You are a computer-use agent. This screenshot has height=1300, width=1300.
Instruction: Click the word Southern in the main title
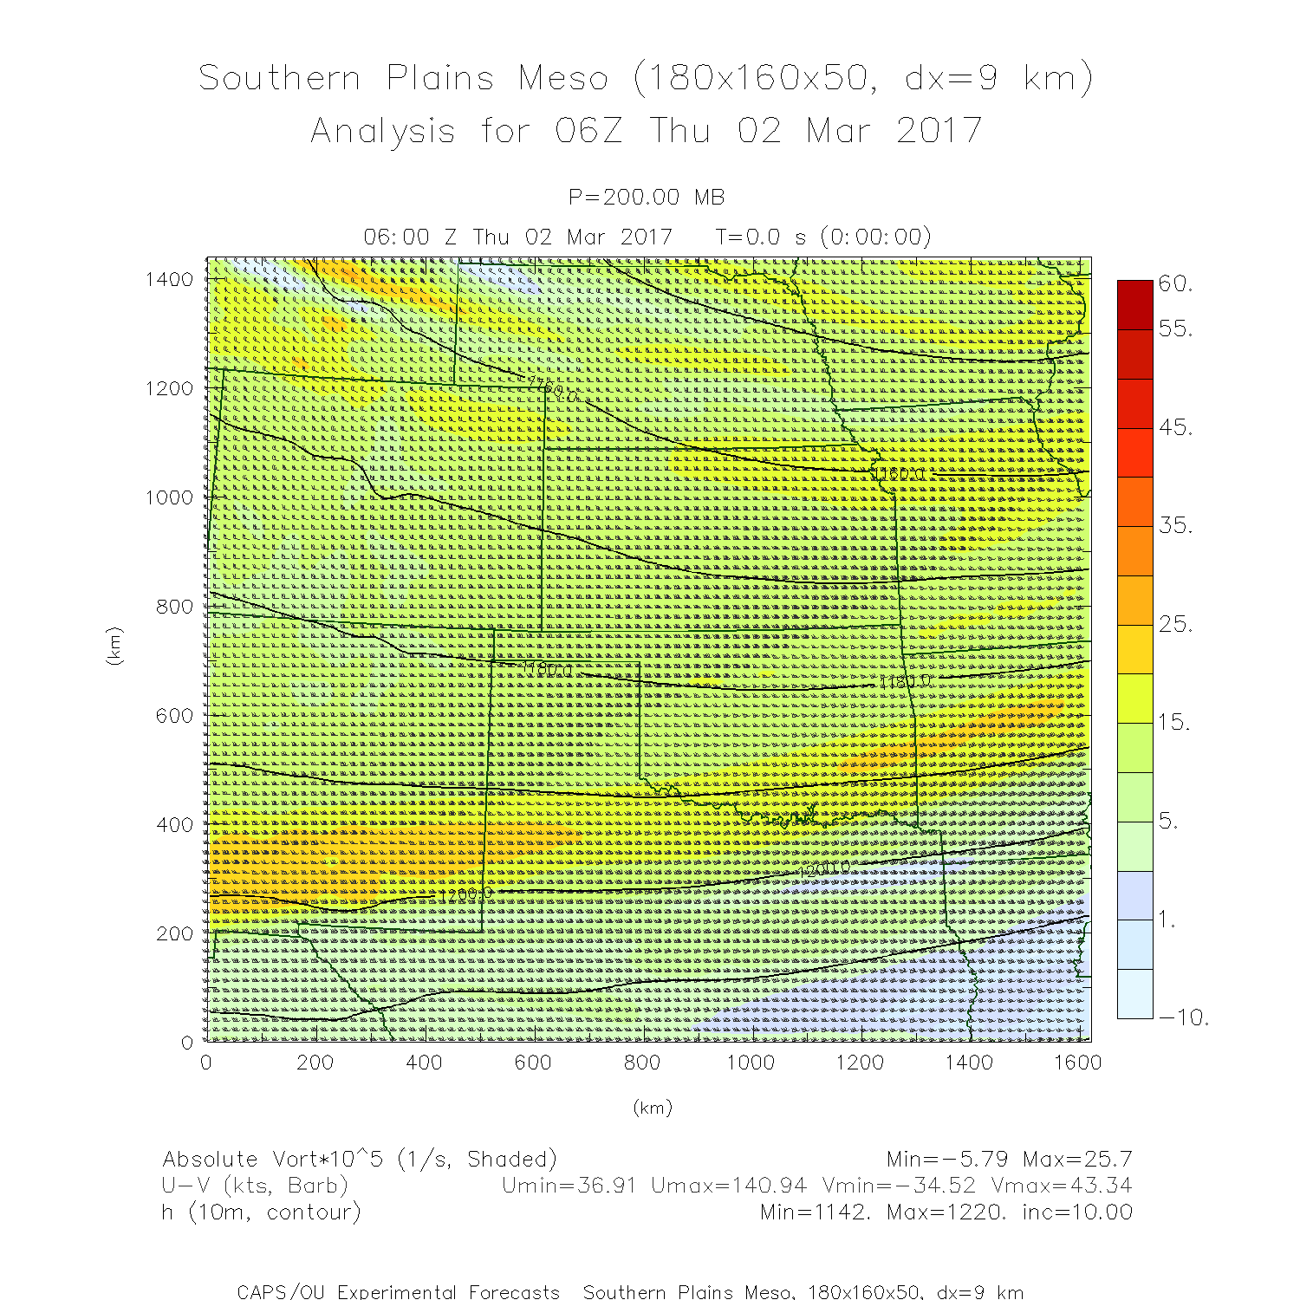279,79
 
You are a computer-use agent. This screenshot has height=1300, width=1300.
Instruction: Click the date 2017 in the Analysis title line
939,132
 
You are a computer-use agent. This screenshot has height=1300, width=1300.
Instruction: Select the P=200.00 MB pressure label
647,198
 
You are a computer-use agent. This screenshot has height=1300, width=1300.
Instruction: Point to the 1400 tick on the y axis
170,279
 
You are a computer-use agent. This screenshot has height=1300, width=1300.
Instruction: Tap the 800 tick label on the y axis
175,607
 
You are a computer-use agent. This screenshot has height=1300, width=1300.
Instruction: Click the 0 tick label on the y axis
187,1042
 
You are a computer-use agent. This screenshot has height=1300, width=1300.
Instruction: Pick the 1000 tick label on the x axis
751,1063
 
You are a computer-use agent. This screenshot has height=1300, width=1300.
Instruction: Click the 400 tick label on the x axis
424,1063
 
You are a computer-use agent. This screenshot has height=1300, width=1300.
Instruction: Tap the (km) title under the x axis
652,1108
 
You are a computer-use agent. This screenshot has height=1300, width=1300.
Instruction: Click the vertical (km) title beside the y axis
114,646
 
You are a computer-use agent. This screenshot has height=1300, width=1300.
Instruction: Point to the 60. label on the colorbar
1175,284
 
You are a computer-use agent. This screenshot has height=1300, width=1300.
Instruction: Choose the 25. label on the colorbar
1175,624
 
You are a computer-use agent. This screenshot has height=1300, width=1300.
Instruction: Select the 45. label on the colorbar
1175,427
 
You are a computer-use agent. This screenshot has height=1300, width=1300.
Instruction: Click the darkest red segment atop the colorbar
1135,304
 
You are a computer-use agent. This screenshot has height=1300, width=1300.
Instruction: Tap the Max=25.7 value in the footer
1077,1160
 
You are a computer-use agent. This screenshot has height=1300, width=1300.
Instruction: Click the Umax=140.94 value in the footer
729,1186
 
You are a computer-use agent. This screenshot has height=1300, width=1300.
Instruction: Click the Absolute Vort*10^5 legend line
359,1160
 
